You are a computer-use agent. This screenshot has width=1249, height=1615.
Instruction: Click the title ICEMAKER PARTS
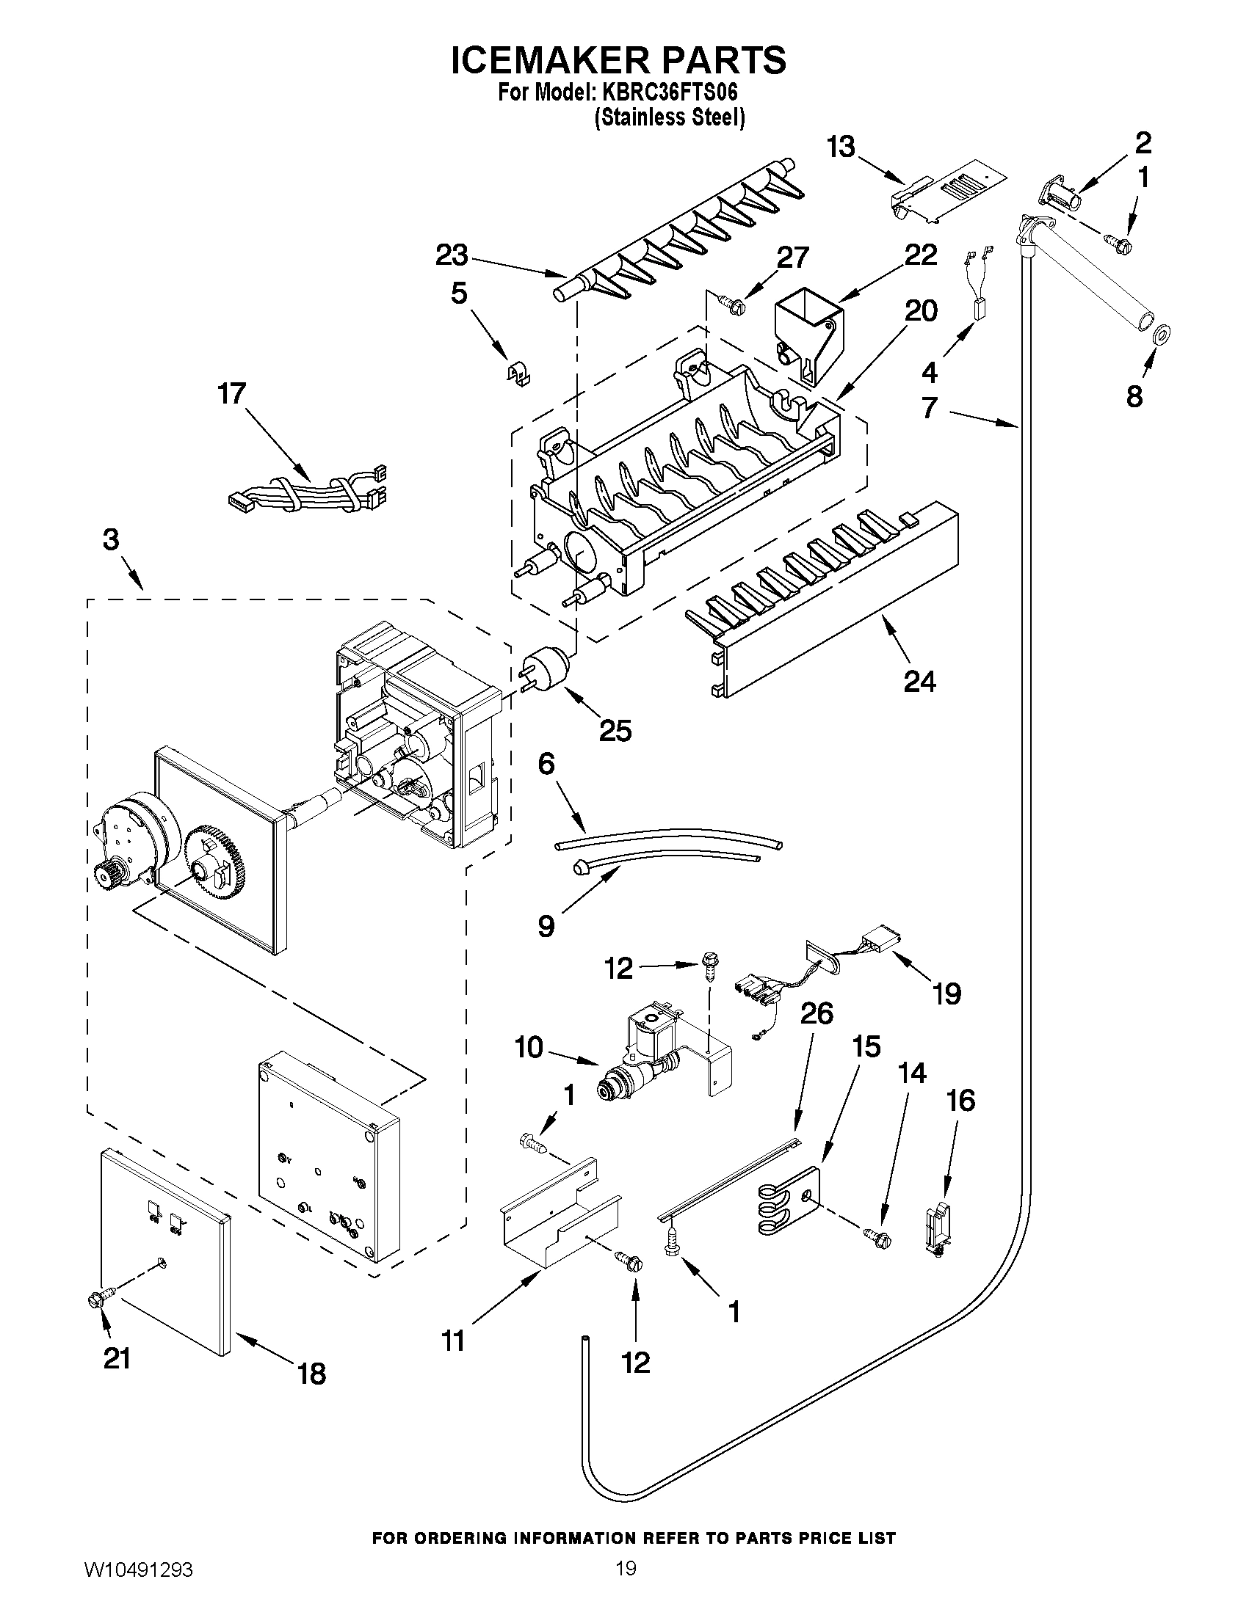point(618,61)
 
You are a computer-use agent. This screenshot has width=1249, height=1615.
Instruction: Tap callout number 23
point(451,256)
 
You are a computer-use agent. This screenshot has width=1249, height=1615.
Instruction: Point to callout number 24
point(920,680)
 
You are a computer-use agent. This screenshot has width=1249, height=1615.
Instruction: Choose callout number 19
point(946,993)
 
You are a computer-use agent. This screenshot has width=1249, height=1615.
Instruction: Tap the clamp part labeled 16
point(937,1228)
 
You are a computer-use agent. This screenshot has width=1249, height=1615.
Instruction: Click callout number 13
point(841,148)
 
